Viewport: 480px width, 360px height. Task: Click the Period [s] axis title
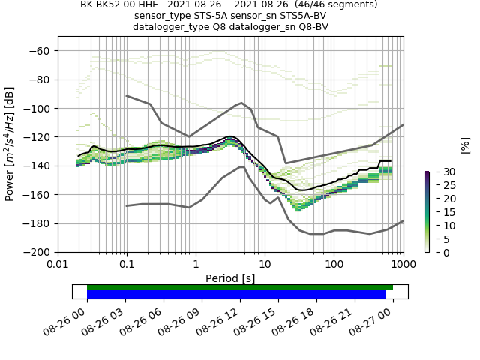pyautogui.click(x=230, y=277)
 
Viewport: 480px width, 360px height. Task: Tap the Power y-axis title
pyautogui.click(x=10, y=144)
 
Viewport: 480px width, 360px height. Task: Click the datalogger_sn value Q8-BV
pyautogui.click(x=313, y=27)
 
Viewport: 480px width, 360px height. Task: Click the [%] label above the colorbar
pyautogui.click(x=465, y=145)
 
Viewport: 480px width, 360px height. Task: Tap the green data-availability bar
pyautogui.click(x=240, y=287)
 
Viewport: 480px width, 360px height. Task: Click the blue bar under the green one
pyautogui.click(x=236, y=295)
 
